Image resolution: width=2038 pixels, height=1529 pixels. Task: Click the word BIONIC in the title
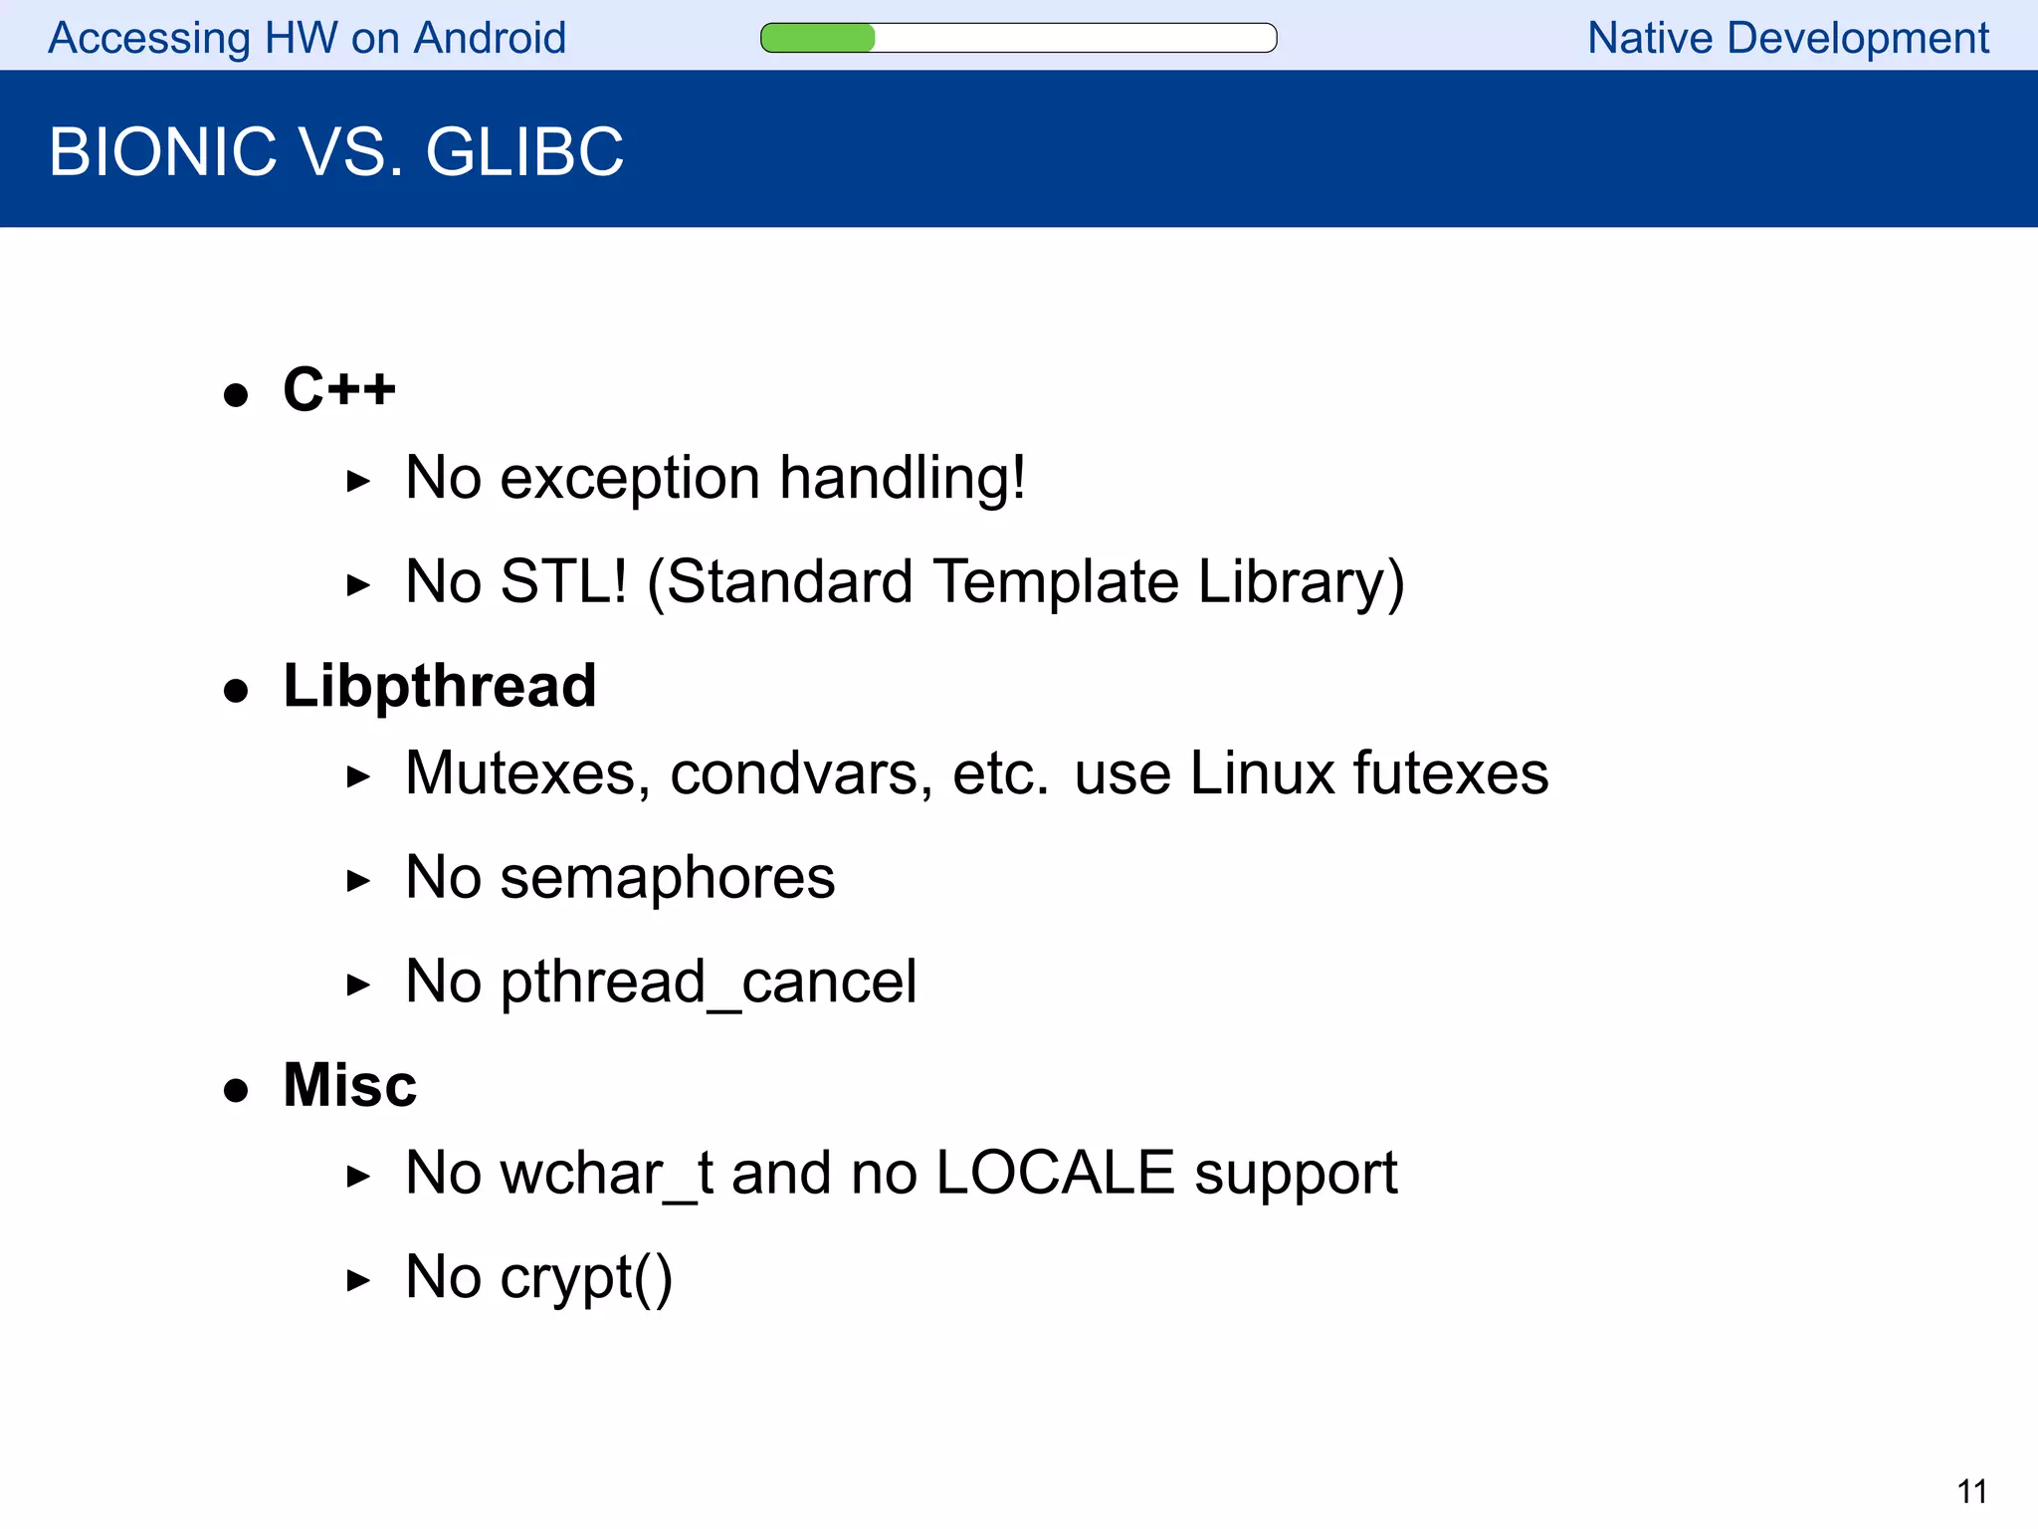[x=162, y=152]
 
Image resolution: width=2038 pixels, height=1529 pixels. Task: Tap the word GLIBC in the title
[x=524, y=152]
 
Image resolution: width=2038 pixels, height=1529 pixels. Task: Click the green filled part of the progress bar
[x=817, y=38]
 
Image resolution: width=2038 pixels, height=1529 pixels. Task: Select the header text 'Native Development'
[x=1787, y=38]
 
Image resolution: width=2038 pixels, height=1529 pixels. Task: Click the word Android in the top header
[x=490, y=38]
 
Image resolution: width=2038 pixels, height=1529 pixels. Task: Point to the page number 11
[x=1971, y=1491]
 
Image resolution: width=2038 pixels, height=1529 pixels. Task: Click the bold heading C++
[x=338, y=388]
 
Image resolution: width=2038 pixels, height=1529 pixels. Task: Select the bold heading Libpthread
[x=439, y=686]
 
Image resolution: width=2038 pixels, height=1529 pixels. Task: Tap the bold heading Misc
[x=349, y=1084]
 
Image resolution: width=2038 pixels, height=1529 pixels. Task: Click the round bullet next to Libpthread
[x=236, y=691]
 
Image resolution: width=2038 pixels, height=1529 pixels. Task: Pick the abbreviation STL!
[x=563, y=581]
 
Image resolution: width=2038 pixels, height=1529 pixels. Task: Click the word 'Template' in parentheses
[x=1056, y=581]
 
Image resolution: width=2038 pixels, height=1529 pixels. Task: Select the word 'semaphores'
[x=667, y=878]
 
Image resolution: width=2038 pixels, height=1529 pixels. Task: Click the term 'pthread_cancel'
[x=708, y=983]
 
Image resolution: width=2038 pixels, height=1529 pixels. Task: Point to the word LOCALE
[x=1055, y=1173]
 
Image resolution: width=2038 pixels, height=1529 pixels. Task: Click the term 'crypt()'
[x=586, y=1277]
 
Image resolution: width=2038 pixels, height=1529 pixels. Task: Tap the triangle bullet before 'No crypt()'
[x=358, y=1280]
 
